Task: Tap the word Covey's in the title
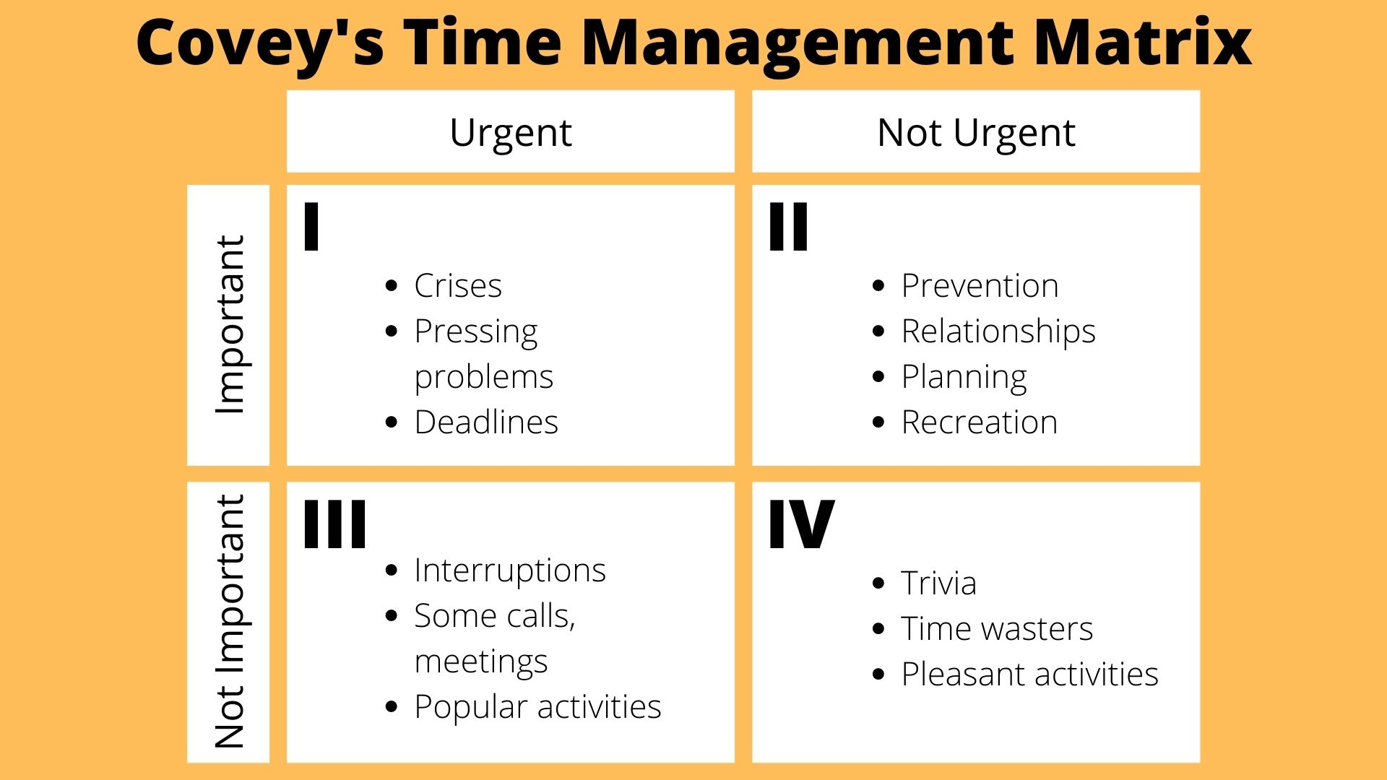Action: (260, 43)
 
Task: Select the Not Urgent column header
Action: (976, 133)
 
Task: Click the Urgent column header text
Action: (511, 133)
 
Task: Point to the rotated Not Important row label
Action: (230, 622)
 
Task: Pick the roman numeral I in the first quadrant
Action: (311, 227)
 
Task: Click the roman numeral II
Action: (789, 227)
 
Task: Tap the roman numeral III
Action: (334, 524)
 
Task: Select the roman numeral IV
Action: (801, 524)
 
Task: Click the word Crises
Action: (458, 286)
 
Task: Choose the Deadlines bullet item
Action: (486, 422)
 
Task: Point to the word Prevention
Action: (980, 286)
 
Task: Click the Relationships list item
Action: (998, 332)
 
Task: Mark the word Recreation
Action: (979, 422)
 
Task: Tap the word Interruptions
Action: (510, 571)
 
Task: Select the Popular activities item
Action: (537, 707)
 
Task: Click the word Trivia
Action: (938, 584)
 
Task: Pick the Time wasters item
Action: (997, 629)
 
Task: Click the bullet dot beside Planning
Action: (878, 377)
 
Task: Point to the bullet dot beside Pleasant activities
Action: (878, 675)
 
